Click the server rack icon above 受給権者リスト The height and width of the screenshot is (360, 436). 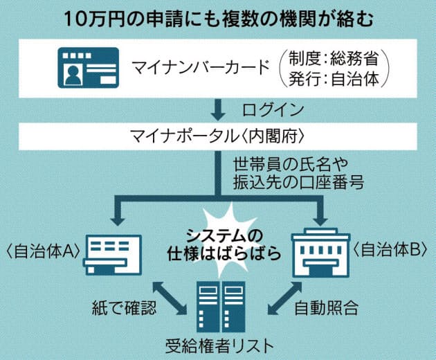pos(217,304)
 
